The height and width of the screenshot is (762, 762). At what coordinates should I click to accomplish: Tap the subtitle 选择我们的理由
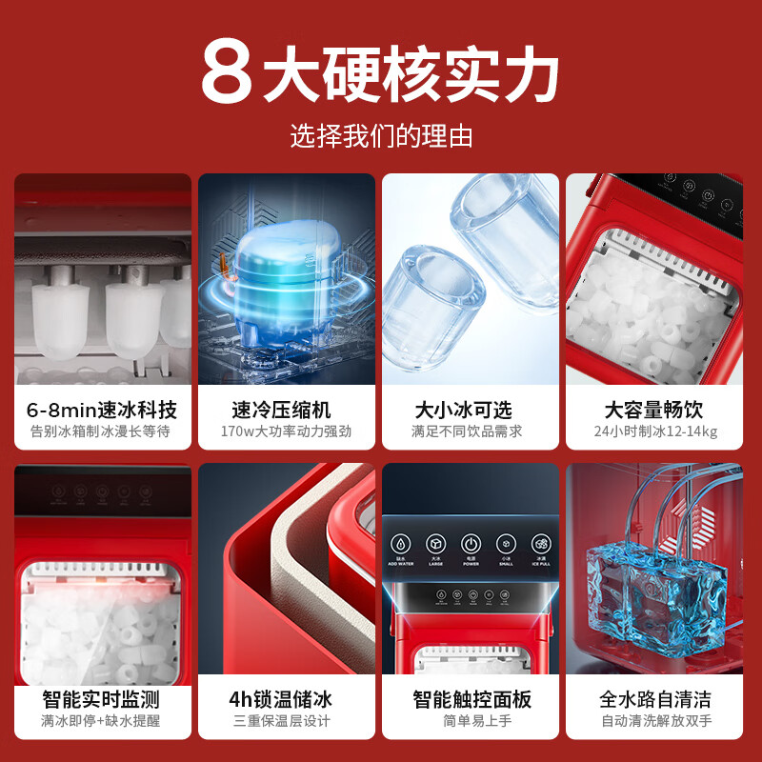[x=381, y=136]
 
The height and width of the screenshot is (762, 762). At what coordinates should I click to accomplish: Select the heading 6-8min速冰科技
[x=102, y=410]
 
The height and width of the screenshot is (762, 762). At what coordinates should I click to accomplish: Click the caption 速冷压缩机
[x=287, y=410]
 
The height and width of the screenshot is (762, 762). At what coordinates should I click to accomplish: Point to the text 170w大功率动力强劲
[x=287, y=431]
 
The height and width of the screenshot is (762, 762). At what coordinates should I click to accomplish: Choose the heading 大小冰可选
[x=470, y=410]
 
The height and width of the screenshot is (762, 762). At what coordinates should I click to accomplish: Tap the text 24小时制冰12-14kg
[x=654, y=431]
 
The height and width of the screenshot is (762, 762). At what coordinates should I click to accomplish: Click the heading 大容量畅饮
[x=654, y=410]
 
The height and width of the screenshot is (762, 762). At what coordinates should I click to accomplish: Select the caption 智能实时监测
[x=102, y=700]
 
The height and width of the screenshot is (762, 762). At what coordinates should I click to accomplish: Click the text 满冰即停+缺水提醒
[x=102, y=721]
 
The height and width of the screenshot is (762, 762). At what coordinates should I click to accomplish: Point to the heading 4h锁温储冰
[x=287, y=700]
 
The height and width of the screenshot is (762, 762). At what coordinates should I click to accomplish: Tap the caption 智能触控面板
[x=470, y=700]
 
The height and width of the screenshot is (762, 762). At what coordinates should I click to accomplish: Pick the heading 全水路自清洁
[x=654, y=700]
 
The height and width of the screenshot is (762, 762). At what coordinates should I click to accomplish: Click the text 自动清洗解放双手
[x=654, y=721]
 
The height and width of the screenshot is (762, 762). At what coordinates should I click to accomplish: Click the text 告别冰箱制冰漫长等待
[x=102, y=431]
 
